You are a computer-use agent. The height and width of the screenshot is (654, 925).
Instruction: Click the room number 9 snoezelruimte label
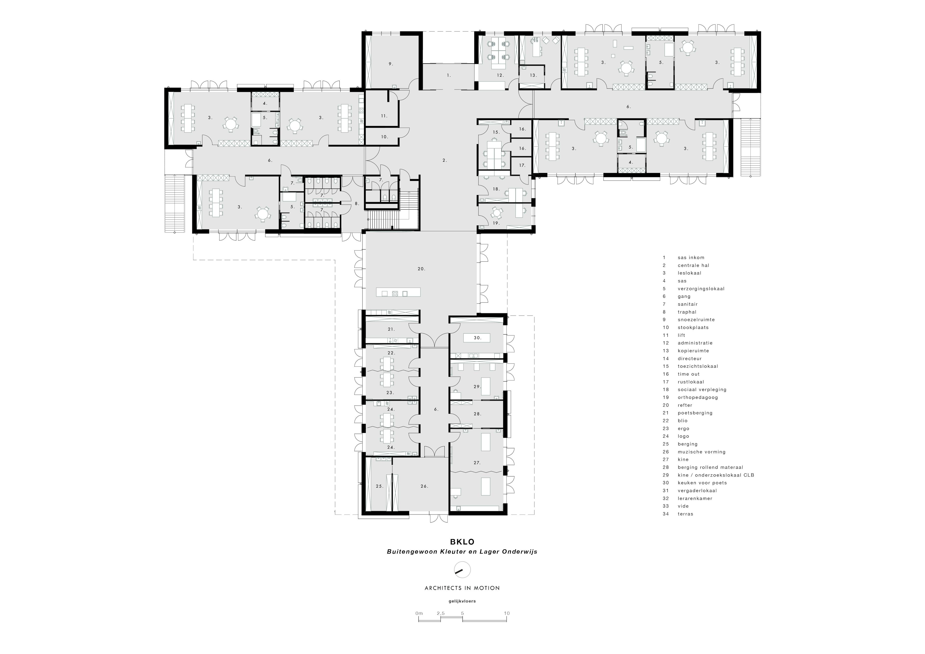pyautogui.click(x=390, y=64)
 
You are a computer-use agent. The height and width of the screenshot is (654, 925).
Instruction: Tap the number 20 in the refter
pyautogui.click(x=421, y=269)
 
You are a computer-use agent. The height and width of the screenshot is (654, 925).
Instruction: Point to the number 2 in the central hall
pyautogui.click(x=444, y=160)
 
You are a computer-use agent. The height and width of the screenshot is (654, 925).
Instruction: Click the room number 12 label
pyautogui.click(x=500, y=75)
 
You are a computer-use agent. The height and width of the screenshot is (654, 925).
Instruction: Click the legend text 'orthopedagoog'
pyautogui.click(x=698, y=397)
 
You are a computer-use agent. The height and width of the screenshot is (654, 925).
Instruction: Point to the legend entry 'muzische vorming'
pyautogui.click(x=701, y=452)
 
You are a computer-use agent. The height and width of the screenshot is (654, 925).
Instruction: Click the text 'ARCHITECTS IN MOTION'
pyautogui.click(x=462, y=588)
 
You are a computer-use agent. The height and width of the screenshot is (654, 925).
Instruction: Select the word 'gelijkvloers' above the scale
pyautogui.click(x=462, y=601)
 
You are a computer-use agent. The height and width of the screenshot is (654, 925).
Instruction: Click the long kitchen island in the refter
pyautogui.click(x=398, y=292)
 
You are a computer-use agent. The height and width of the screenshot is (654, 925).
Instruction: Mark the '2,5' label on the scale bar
pyautogui.click(x=440, y=613)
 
